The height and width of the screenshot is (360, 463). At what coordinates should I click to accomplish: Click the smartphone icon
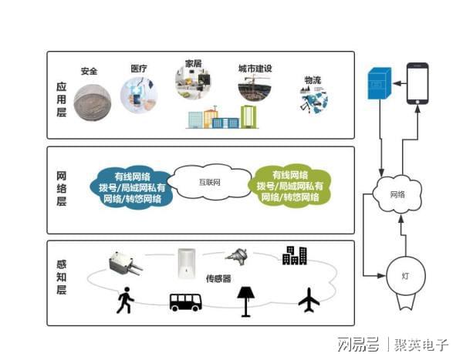pyautogui.click(x=418, y=82)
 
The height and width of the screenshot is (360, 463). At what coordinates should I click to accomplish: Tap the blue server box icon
pyautogui.click(x=379, y=86)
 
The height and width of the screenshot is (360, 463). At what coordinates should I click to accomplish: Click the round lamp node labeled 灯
pyautogui.click(x=406, y=275)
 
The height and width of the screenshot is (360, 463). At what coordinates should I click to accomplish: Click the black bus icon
pyautogui.click(x=185, y=301)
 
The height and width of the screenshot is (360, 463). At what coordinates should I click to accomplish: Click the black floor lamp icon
pyautogui.click(x=248, y=300)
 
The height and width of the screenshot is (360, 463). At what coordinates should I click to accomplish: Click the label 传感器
pyautogui.click(x=218, y=278)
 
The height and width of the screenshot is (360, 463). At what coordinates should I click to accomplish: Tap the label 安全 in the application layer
pyautogui.click(x=90, y=71)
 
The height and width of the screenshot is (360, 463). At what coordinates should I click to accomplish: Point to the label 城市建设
pyautogui.click(x=255, y=69)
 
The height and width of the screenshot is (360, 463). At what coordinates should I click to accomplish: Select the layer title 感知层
pyautogui.click(x=61, y=278)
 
